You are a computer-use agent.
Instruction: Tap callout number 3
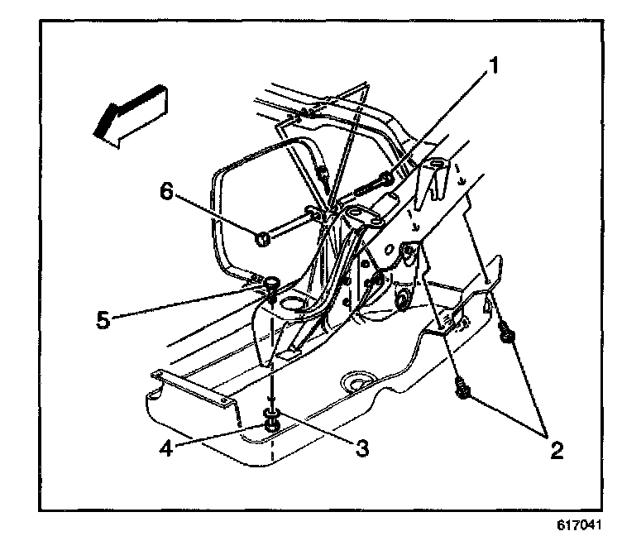pos(361,447)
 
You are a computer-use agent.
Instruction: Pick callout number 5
pos(103,320)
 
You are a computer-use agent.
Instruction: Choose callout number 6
pos(165,191)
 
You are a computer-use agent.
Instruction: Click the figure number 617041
pos(581,524)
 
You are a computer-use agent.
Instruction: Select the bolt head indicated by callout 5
pos(271,284)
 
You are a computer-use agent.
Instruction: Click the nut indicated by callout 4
pos(271,426)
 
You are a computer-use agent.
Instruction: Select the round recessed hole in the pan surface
pos(357,381)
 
